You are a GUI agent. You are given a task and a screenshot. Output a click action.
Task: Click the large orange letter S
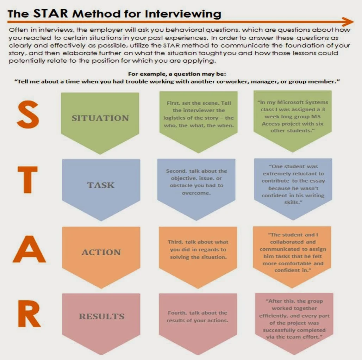point(28,114)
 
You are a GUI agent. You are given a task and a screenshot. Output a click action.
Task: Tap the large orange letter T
point(28,180)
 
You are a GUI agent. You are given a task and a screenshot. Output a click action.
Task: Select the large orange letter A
point(29,249)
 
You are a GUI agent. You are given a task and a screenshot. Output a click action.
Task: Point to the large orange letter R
point(29,314)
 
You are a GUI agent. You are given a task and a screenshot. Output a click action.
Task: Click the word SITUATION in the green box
point(100,118)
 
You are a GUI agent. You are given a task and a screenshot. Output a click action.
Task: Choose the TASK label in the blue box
point(101,185)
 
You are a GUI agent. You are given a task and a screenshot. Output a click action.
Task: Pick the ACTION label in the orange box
point(101,252)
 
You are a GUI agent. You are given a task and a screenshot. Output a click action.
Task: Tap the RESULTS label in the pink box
point(101,316)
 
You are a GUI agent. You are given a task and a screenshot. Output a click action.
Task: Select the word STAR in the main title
point(51,13)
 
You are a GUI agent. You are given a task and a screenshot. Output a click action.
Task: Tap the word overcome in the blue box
point(196,193)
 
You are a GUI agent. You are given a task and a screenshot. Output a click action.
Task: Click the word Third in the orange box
point(175,242)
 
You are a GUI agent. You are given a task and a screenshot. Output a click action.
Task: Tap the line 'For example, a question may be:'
point(177,74)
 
